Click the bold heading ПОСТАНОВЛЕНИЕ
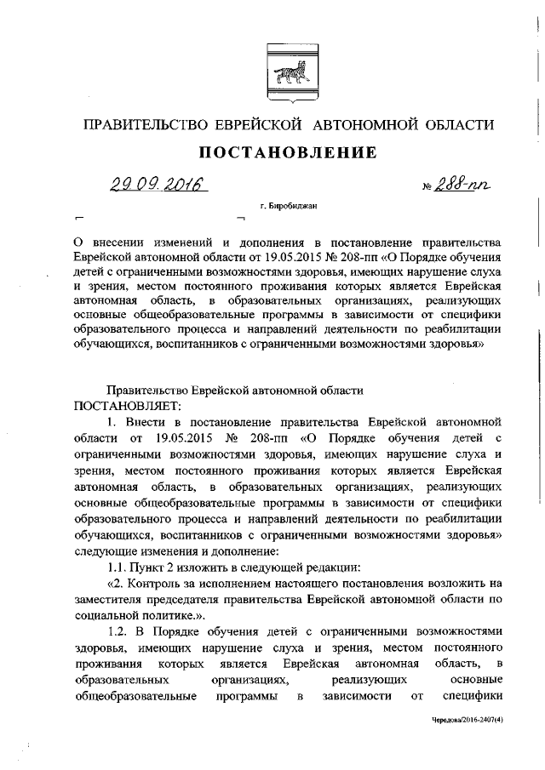(x=287, y=154)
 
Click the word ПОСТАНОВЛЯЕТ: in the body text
(x=128, y=405)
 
